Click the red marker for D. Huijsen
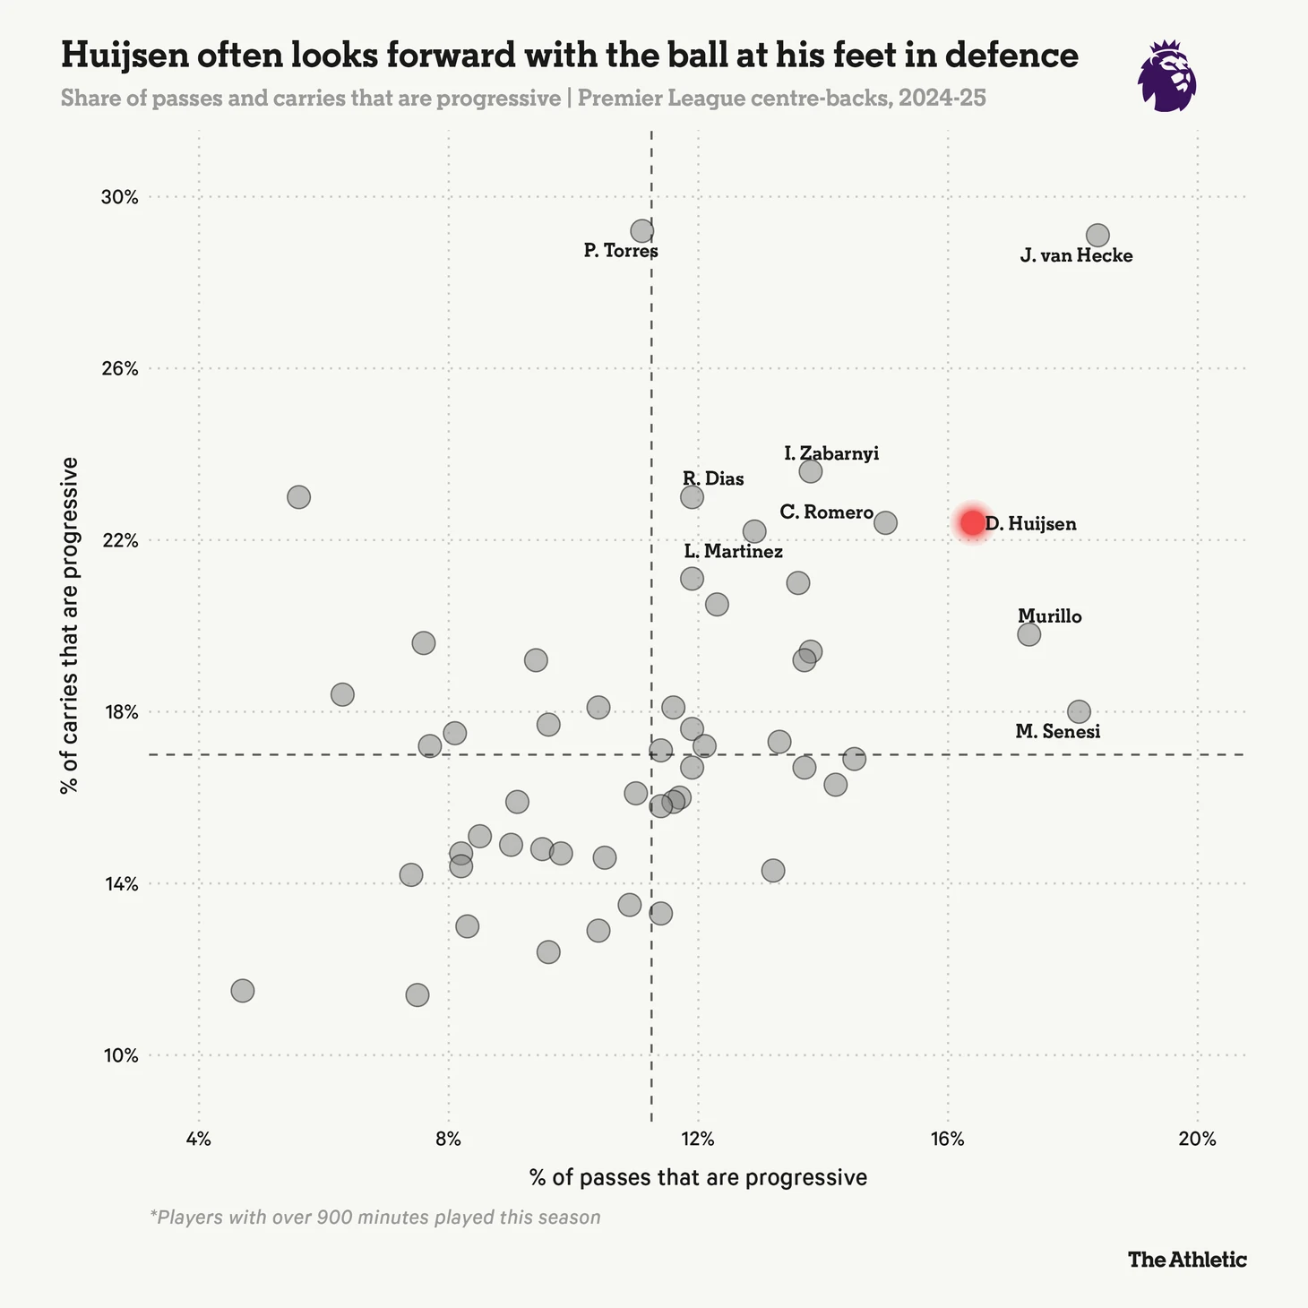[x=972, y=521]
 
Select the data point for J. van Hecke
[x=1097, y=236]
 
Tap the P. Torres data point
[x=641, y=231]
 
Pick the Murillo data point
[x=1028, y=634]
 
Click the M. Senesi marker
[x=1079, y=711]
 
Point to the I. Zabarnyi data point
[x=810, y=471]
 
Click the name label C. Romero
[x=826, y=512]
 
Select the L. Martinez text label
[x=733, y=552]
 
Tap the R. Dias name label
[x=713, y=479]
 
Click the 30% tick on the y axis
[x=118, y=197]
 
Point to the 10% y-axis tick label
[x=118, y=1055]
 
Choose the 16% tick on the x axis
[x=947, y=1140]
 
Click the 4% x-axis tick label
[x=198, y=1140]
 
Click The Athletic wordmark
[x=1187, y=1260]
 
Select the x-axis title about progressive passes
[x=698, y=1177]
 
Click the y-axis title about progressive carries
[x=70, y=625]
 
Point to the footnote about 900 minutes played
[x=375, y=1218]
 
